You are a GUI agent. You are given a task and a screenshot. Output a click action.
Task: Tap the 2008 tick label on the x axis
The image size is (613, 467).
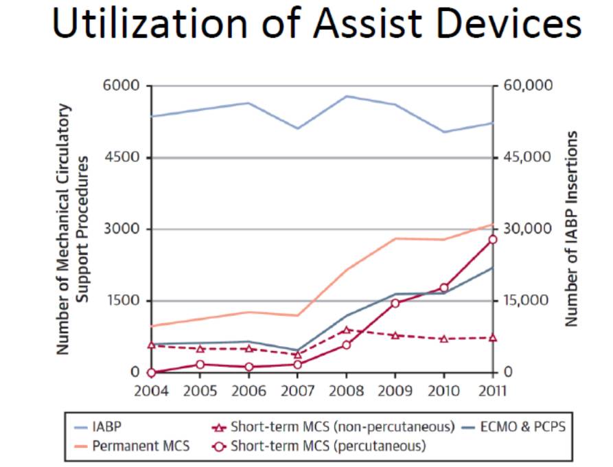(x=346, y=391)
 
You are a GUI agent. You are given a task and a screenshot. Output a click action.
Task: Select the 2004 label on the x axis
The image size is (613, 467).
(x=150, y=391)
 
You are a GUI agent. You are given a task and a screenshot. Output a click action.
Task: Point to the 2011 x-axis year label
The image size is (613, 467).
(x=491, y=391)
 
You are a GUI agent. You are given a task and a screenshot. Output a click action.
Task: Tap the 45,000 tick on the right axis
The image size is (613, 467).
(x=526, y=157)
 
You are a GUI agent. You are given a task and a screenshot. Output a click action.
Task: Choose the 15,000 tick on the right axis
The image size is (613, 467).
(x=526, y=301)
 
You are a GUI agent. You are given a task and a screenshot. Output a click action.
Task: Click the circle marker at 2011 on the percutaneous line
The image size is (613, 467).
(x=493, y=239)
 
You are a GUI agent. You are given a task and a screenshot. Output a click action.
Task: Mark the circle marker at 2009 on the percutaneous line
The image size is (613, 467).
(x=395, y=303)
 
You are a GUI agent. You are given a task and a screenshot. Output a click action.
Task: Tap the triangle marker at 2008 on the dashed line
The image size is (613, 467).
(x=347, y=330)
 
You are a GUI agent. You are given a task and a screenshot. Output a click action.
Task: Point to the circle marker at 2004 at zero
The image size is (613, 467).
(x=151, y=373)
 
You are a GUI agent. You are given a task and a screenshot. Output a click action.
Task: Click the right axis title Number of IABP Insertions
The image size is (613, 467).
(x=569, y=229)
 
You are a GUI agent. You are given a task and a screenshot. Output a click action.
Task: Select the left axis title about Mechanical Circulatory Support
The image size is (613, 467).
(x=71, y=229)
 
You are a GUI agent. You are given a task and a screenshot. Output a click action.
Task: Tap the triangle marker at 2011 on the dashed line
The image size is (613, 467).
(x=493, y=338)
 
